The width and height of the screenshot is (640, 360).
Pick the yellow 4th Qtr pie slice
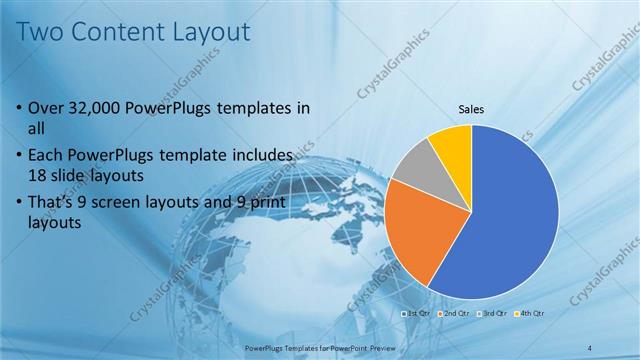[x=452, y=145]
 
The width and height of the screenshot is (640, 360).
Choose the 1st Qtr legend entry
[x=416, y=314]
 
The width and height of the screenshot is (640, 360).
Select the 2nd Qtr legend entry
[x=456, y=314]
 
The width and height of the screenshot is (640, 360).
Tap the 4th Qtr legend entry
[x=532, y=314]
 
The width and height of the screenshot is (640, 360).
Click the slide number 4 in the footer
[x=590, y=347]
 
